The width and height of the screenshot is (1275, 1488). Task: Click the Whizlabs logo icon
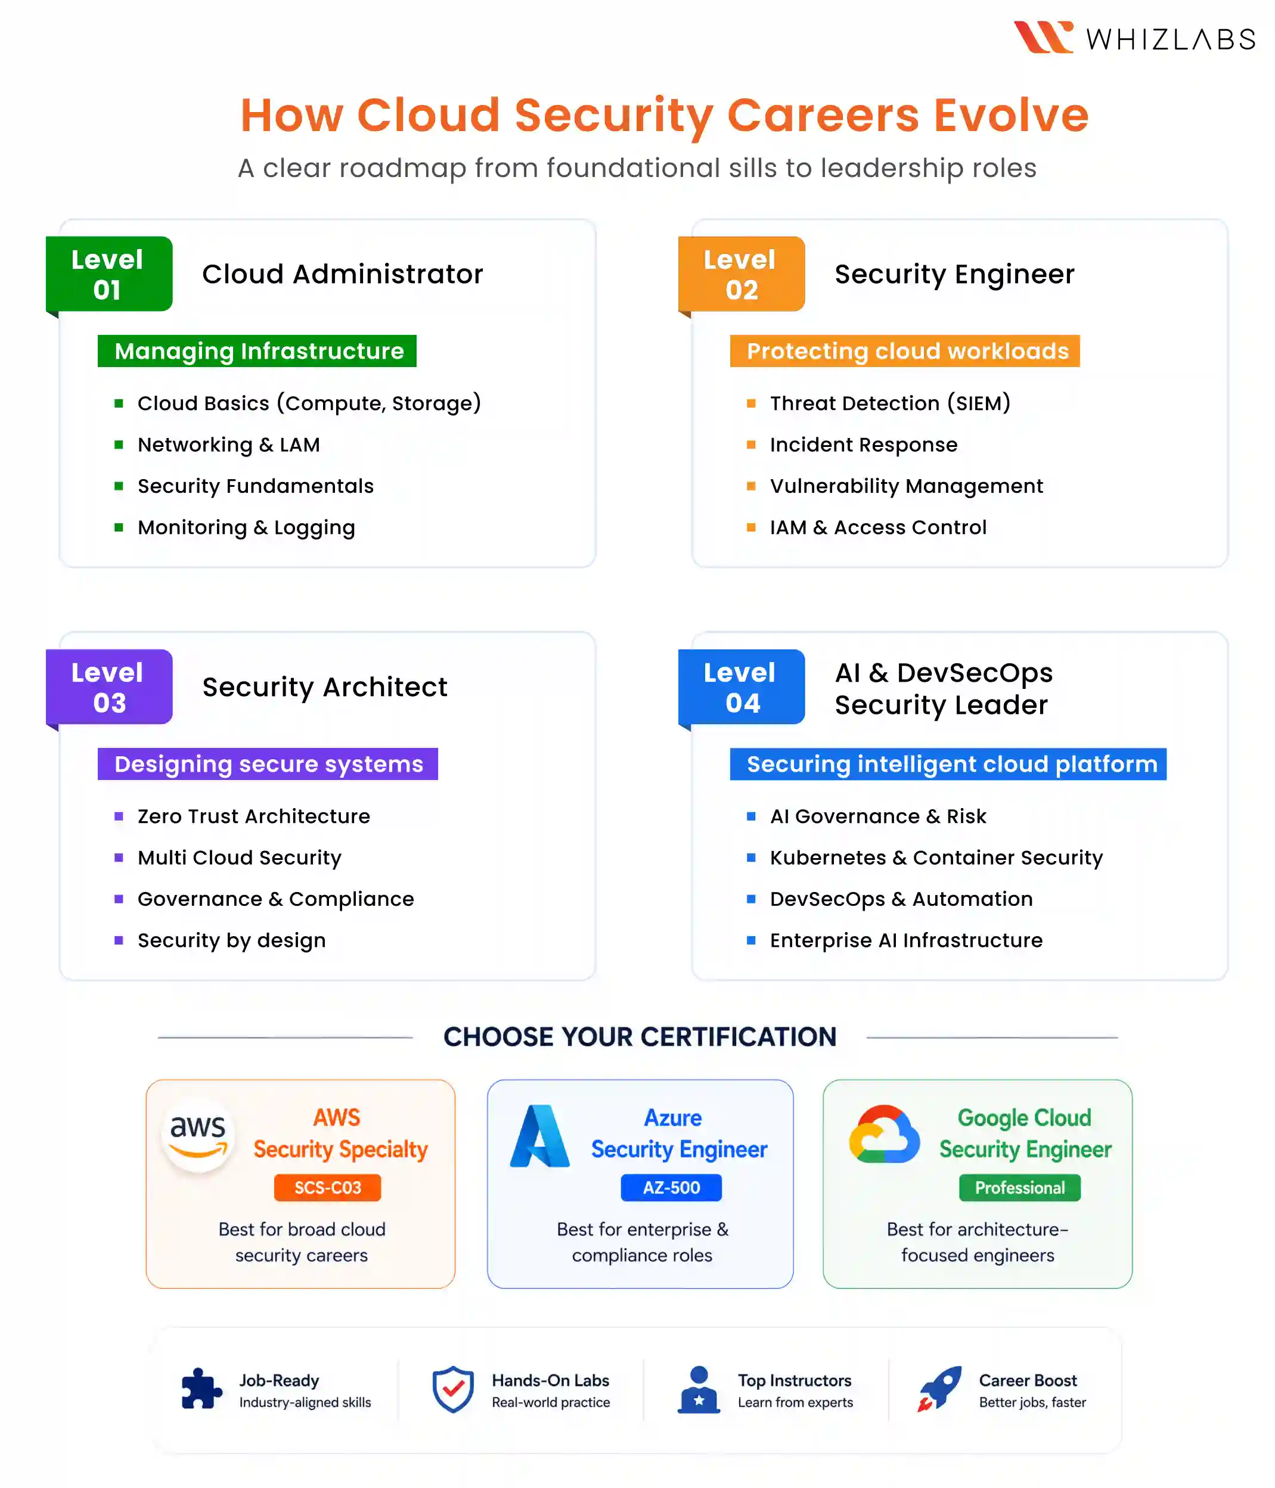(x=1043, y=38)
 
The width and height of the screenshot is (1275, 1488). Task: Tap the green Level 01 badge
(x=109, y=274)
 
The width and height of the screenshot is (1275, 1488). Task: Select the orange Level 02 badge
(x=742, y=274)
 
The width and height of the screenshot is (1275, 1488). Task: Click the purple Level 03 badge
(x=109, y=687)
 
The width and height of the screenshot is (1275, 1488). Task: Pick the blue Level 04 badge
(x=742, y=687)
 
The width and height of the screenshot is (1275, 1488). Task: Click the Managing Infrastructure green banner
(x=257, y=351)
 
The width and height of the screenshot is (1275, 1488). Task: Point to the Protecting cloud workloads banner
(x=905, y=351)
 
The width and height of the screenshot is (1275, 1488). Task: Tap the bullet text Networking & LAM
(x=228, y=445)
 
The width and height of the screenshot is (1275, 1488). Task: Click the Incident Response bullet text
(x=863, y=445)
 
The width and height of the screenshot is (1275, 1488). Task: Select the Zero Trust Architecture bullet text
(x=253, y=816)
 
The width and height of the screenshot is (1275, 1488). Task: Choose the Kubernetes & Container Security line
(x=936, y=858)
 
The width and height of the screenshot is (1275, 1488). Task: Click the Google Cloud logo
(x=884, y=1134)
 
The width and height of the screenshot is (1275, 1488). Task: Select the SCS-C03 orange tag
(x=328, y=1188)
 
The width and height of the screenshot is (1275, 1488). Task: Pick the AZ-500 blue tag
(x=672, y=1188)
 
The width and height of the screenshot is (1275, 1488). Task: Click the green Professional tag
(x=1020, y=1188)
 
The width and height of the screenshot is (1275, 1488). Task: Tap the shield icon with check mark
(x=453, y=1389)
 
